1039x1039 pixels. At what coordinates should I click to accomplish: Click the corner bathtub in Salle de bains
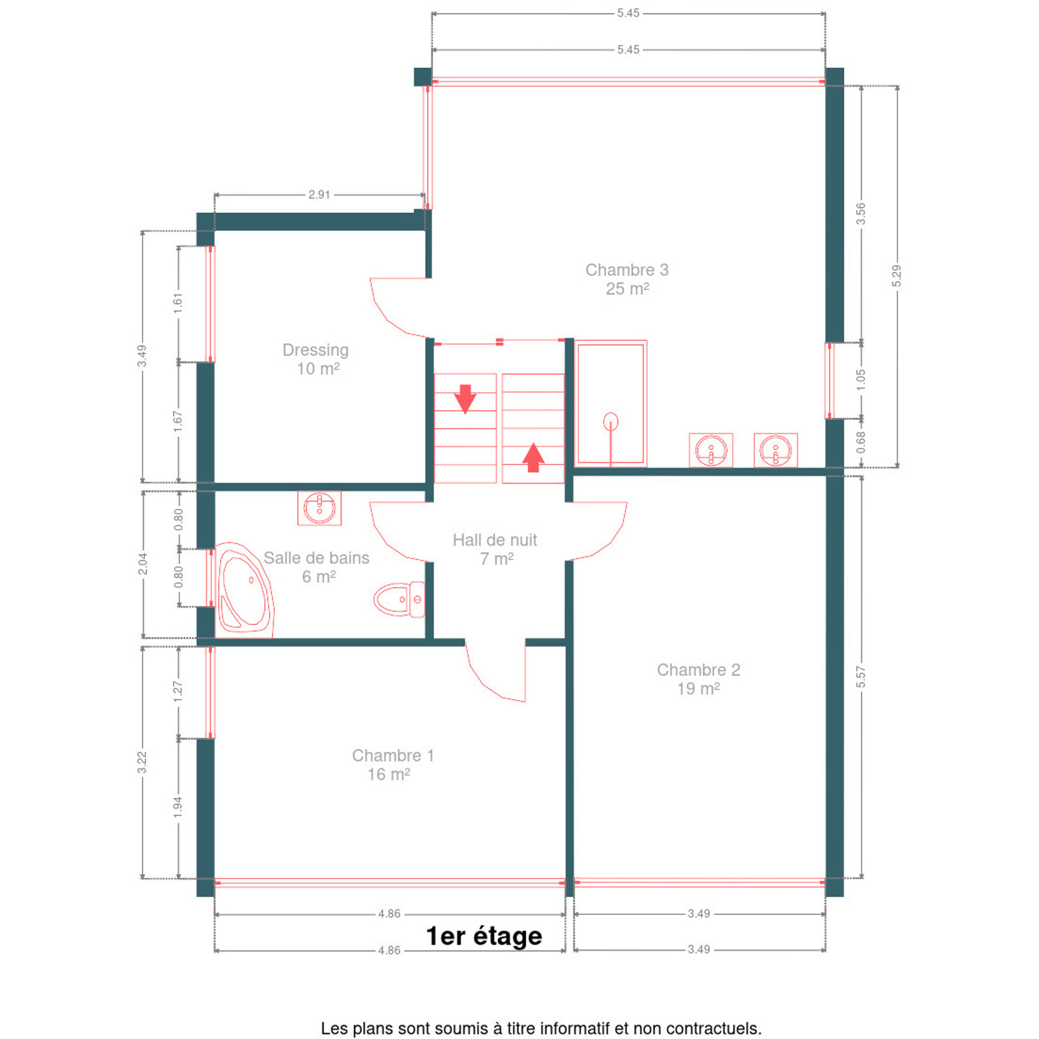click(245, 590)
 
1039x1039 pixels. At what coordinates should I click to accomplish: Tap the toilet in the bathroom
click(400, 599)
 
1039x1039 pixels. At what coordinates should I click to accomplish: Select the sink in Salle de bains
click(319, 508)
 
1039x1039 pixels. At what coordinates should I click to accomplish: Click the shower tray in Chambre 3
click(610, 403)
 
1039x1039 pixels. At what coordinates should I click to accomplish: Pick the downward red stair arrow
click(465, 399)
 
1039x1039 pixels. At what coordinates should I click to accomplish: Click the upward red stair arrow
click(533, 457)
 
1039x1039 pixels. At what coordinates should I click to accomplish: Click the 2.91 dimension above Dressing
click(319, 195)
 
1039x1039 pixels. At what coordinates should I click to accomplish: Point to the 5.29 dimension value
click(896, 276)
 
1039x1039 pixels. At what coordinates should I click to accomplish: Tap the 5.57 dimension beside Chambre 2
click(861, 678)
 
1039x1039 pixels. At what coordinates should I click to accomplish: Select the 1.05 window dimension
click(861, 380)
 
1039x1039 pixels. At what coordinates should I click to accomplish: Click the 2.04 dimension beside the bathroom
click(142, 564)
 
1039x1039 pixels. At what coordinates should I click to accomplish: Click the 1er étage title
click(483, 936)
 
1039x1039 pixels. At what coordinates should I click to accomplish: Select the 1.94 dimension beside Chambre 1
click(178, 807)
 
